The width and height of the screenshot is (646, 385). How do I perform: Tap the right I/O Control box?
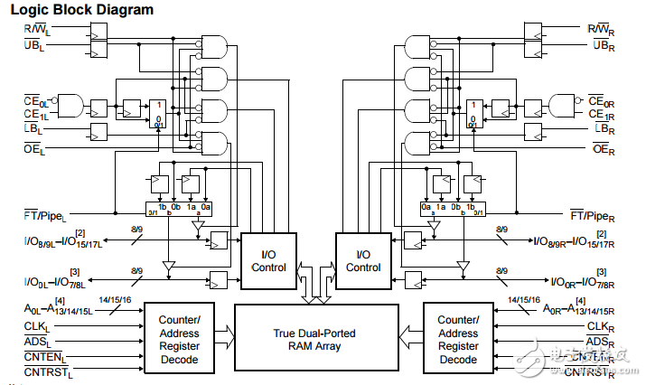point(362,260)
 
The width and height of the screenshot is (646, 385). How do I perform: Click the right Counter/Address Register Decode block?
point(458,340)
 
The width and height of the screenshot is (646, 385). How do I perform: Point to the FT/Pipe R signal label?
point(594,215)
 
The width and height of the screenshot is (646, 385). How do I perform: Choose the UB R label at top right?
point(604,44)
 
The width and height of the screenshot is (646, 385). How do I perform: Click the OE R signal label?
point(602,148)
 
